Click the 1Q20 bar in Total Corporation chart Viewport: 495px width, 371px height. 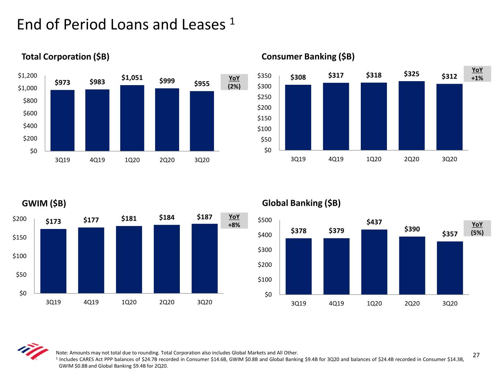pyautogui.click(x=132, y=118)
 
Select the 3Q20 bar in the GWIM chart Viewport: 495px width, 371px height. pyautogui.click(x=205, y=258)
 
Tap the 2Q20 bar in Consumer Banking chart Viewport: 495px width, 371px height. pyautogui.click(x=412, y=116)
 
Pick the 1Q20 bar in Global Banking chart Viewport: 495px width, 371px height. pyautogui.click(x=374, y=262)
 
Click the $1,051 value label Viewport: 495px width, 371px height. pyautogui.click(x=132, y=78)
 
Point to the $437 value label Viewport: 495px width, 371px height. pyautogui.click(x=374, y=222)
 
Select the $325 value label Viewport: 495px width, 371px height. pyautogui.click(x=412, y=74)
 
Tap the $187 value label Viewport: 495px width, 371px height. pyautogui.click(x=205, y=217)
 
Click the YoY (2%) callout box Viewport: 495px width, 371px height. pyautogui.click(x=234, y=82)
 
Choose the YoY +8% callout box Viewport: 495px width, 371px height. pyautogui.click(x=234, y=221)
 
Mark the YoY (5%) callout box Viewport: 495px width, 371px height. pyautogui.click(x=477, y=229)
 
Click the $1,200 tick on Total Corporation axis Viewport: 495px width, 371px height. pyautogui.click(x=28, y=76)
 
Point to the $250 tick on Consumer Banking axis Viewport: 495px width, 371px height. pyautogui.click(x=264, y=97)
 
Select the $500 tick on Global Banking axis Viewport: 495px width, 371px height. pyautogui.click(x=265, y=220)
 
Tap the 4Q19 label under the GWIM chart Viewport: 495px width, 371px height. pyautogui.click(x=91, y=302)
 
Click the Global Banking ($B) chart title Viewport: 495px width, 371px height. pyautogui.click(x=301, y=203)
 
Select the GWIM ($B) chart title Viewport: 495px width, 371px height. pyautogui.click(x=44, y=203)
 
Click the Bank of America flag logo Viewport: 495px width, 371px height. pyautogui.click(x=33, y=351)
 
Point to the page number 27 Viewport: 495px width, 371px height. pyautogui.click(x=476, y=355)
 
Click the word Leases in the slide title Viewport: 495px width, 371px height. pyautogui.click(x=203, y=25)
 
